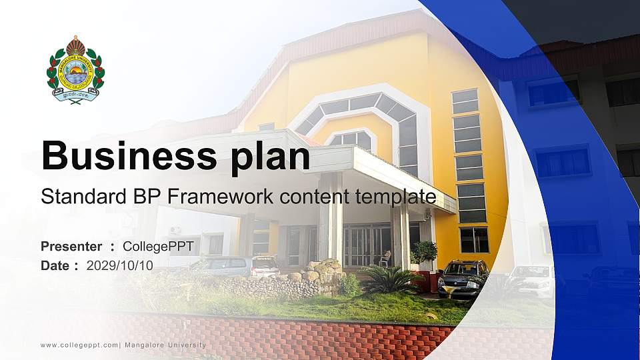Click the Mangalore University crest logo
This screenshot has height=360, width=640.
[75, 69]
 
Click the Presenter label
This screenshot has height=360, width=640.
[71, 247]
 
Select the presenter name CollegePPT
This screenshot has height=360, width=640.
[158, 247]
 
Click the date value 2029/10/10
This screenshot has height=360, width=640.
[119, 265]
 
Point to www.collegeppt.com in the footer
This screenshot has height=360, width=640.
[79, 345]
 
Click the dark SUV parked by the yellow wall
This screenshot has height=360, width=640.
[463, 277]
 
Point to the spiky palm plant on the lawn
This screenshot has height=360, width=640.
[388, 281]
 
